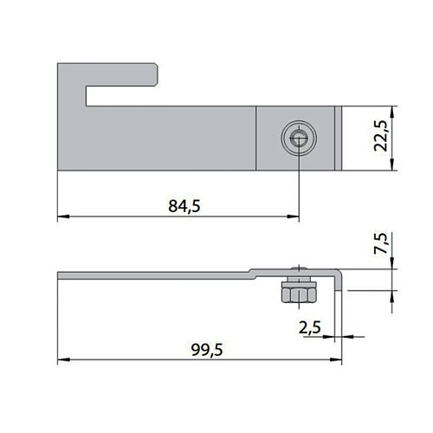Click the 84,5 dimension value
tap(184, 206)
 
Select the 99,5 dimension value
tap(207, 350)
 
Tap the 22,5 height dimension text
tap(380, 136)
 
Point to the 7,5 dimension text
tap(380, 243)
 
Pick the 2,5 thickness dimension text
tap(309, 327)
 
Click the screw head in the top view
tap(299, 139)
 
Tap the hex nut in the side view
tap(299, 295)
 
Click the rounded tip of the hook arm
tap(156, 74)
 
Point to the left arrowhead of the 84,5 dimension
tap(63, 216)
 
